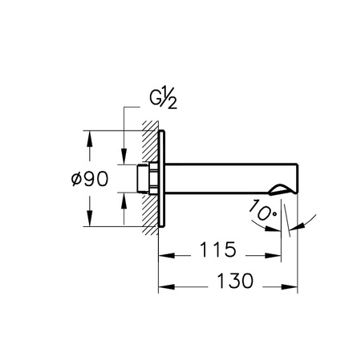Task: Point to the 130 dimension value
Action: [x=233, y=281]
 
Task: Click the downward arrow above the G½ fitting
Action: [x=124, y=158]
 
